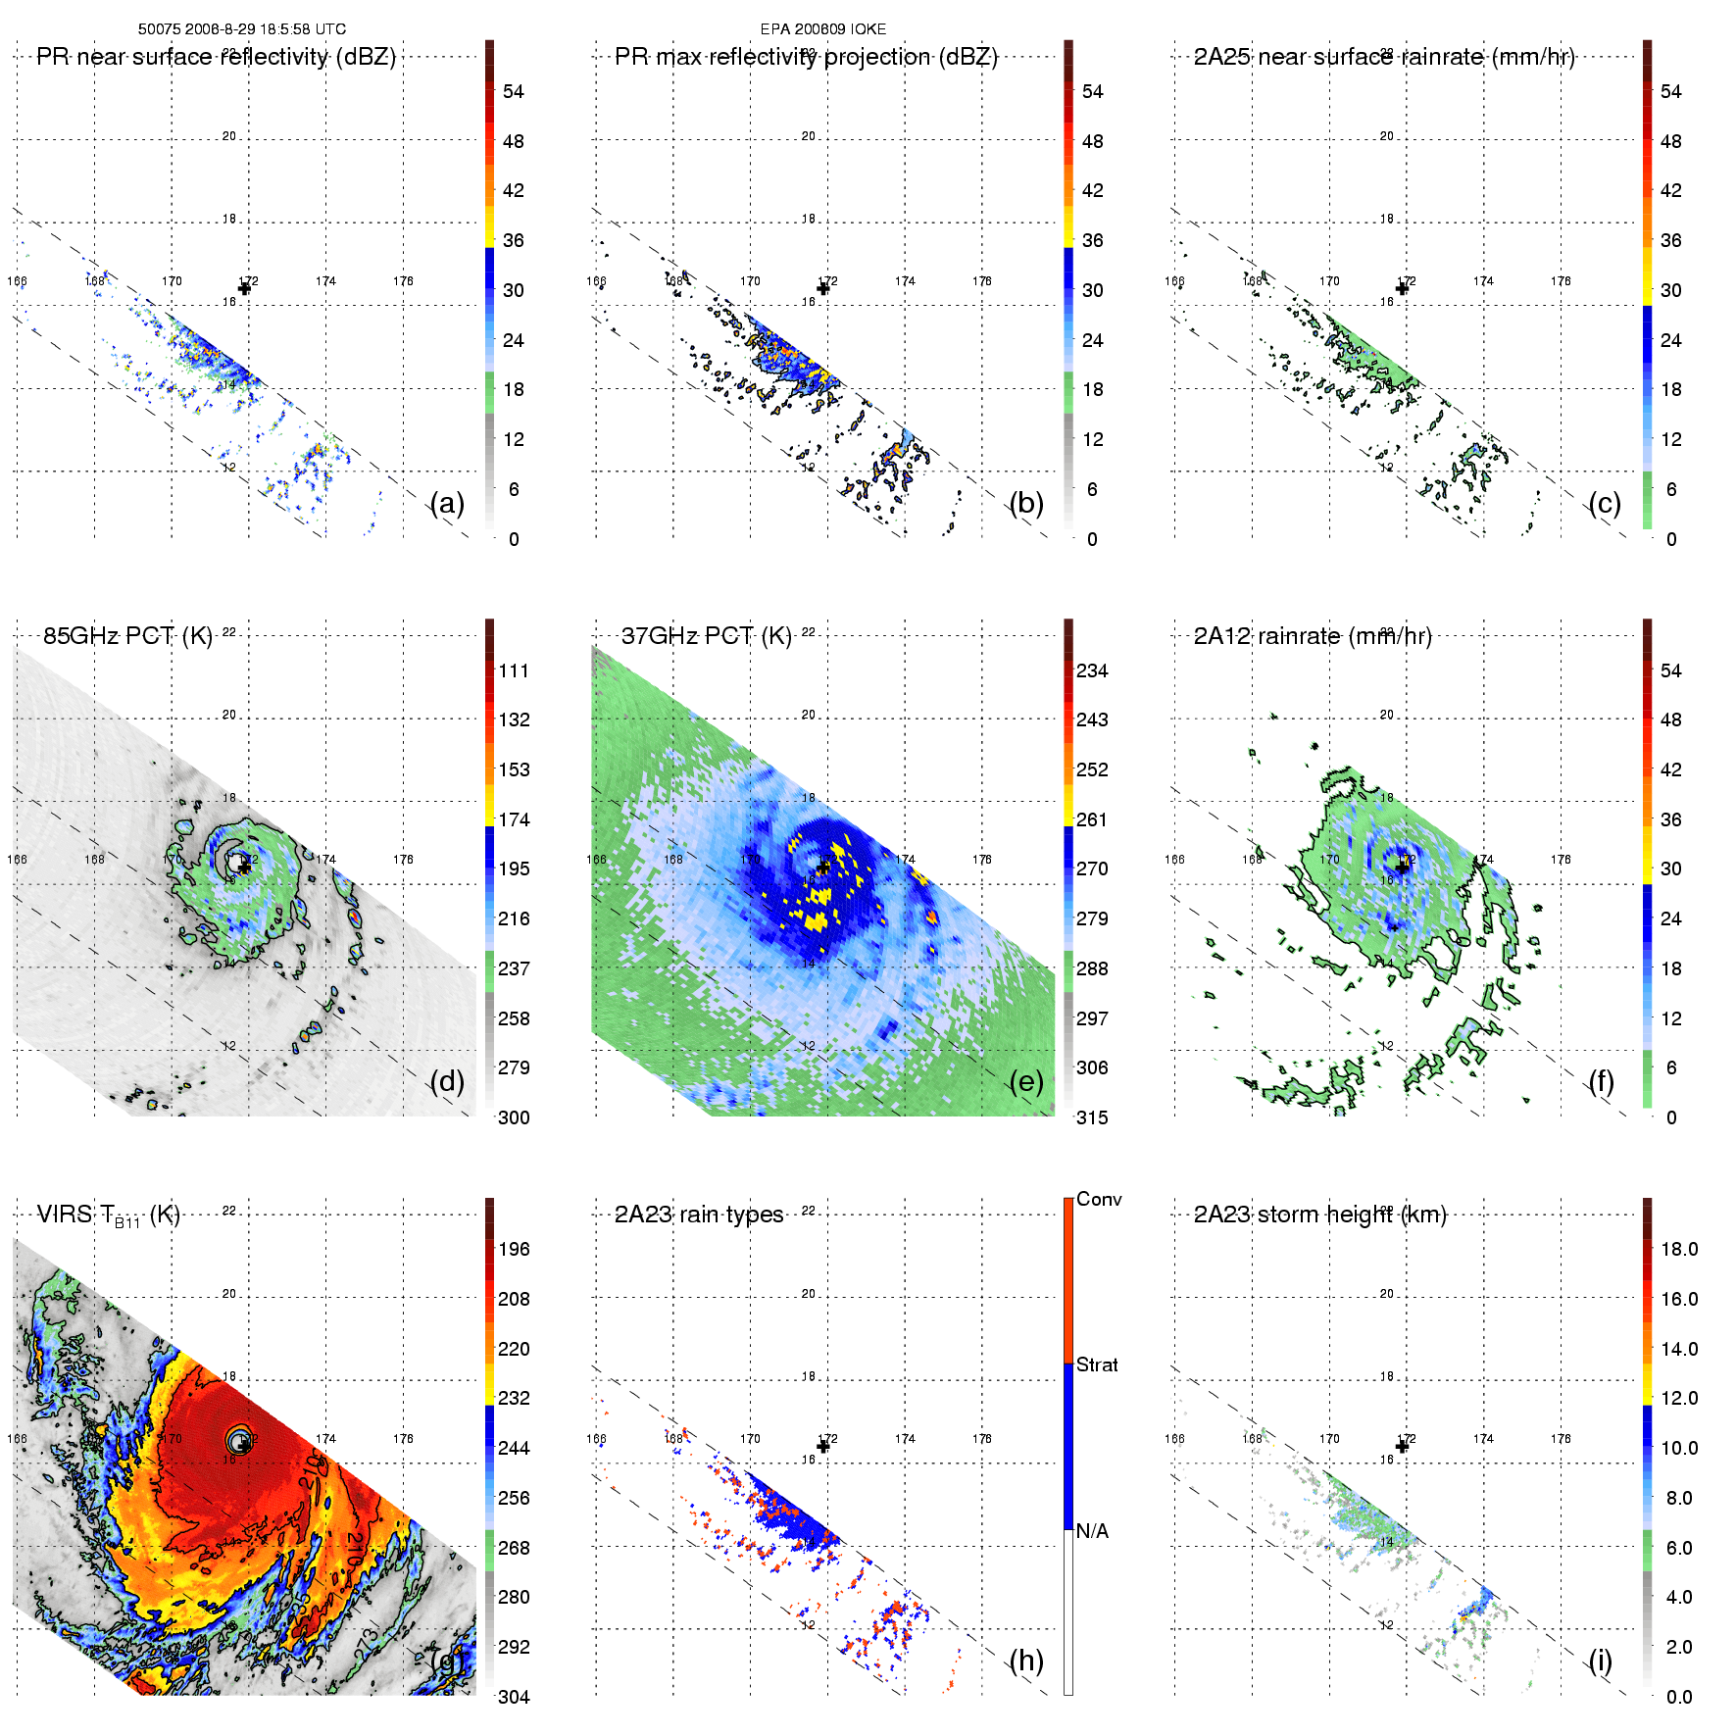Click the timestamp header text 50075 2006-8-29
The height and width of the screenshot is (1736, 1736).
[241, 29]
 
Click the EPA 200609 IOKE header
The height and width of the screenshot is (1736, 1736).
[822, 29]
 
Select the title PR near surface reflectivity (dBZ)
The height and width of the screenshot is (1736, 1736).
[216, 57]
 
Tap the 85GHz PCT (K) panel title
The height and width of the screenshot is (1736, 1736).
[127, 636]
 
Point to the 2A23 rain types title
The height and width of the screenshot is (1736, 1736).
[698, 1215]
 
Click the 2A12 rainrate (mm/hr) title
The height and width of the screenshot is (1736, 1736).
[1312, 636]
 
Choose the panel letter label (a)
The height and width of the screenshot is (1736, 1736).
[447, 504]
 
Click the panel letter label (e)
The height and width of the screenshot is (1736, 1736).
[1026, 1082]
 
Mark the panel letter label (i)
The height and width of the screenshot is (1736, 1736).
[1600, 1661]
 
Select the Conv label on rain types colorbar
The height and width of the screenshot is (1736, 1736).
[1099, 1199]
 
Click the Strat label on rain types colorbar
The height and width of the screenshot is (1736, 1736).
[1097, 1364]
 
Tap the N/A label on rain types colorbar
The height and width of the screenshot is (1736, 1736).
[1092, 1531]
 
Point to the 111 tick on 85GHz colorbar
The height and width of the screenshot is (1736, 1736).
[514, 670]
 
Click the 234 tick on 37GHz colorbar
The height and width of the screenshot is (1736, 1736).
[1092, 670]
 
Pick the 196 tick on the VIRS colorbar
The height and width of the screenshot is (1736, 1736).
[514, 1249]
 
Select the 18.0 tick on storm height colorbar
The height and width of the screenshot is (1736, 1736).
[1678, 1249]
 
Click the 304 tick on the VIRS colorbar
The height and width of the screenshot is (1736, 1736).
[514, 1697]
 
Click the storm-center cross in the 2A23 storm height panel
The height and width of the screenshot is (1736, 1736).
[1402, 1446]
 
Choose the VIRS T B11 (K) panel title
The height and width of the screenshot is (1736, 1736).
[108, 1215]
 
